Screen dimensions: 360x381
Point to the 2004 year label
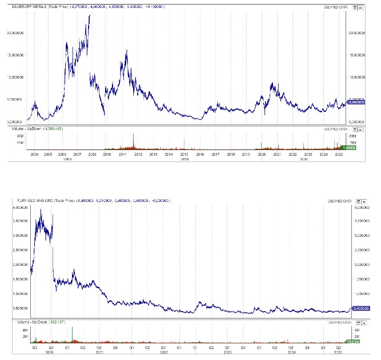(34, 154)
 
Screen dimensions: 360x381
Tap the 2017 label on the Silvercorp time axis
(215, 154)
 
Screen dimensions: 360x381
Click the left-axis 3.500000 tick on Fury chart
(22, 221)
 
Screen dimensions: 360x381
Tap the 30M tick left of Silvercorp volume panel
(21, 136)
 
